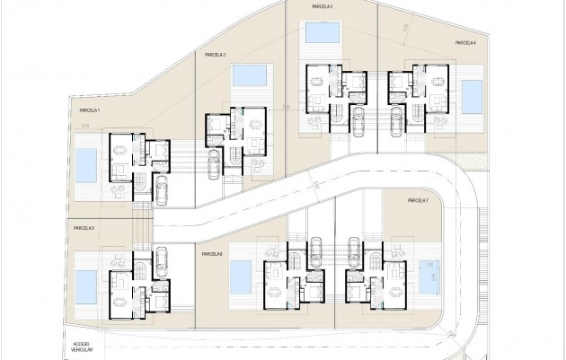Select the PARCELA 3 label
point(322,6)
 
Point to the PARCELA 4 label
point(464,42)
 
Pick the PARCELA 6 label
point(212,254)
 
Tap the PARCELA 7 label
point(419,201)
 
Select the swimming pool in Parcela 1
point(86,164)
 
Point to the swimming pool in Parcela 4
point(470,92)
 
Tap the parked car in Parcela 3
point(358,119)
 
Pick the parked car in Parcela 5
point(160,261)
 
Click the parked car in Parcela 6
point(315,251)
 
